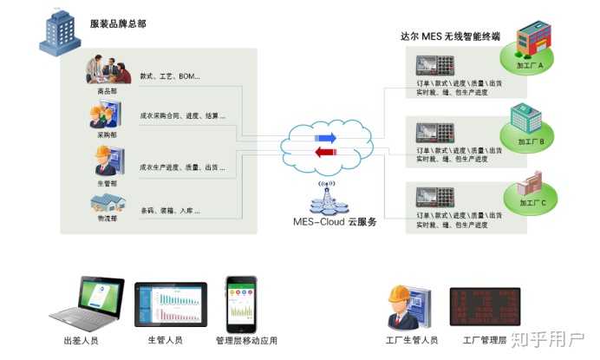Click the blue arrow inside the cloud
[x=325, y=138]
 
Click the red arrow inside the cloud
[x=325, y=154]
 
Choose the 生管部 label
[x=108, y=185]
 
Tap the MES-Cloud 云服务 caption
[x=335, y=223]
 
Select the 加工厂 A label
[x=528, y=66]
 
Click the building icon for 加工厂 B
[x=526, y=119]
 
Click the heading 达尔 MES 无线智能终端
[x=449, y=38]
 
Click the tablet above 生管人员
[x=171, y=304]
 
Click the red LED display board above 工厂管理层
[x=484, y=307]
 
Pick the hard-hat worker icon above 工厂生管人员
[x=405, y=306]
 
